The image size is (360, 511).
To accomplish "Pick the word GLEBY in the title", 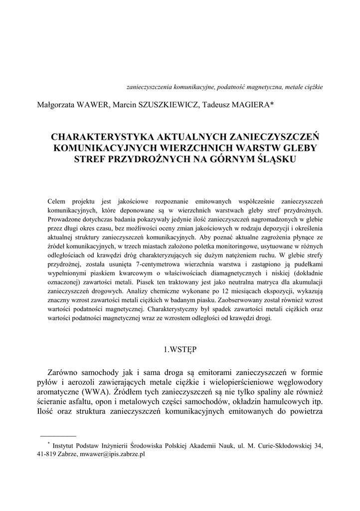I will (295, 148).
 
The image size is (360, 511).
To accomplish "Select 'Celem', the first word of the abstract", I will (57, 201).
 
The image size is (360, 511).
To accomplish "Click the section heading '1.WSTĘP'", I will (180, 350).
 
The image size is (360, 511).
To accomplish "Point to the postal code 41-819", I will (46, 455).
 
